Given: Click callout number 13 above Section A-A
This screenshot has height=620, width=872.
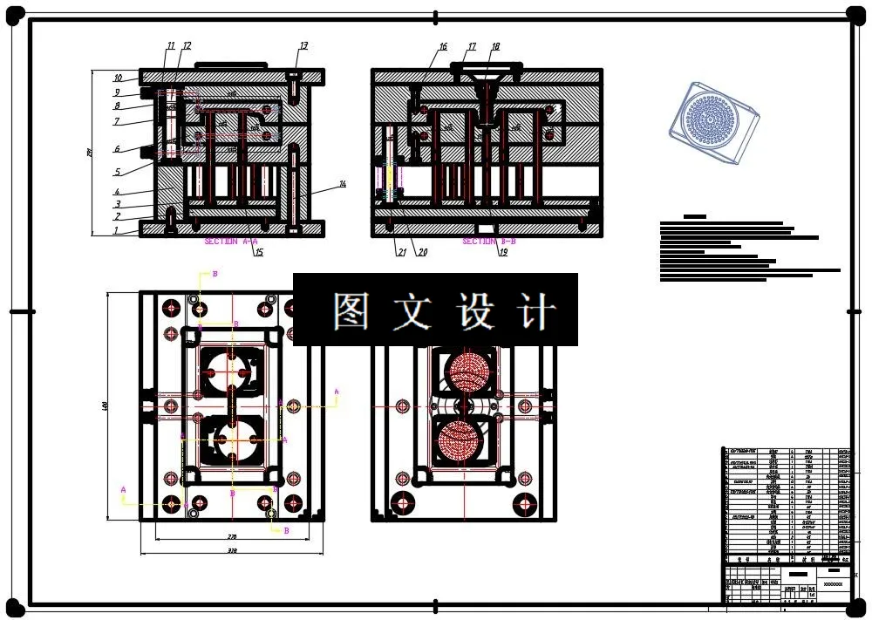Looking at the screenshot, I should [x=303, y=45].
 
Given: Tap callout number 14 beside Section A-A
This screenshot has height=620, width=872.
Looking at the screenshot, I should [x=343, y=184].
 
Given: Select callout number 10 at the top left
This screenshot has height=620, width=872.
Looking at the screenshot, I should [x=118, y=78].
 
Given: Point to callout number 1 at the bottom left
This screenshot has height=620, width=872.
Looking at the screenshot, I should [x=115, y=231].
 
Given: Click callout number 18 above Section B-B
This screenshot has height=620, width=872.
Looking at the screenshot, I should [x=495, y=47].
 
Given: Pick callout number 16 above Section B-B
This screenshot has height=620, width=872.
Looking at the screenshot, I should [x=443, y=47].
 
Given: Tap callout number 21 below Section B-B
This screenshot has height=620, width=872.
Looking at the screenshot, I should [x=401, y=252].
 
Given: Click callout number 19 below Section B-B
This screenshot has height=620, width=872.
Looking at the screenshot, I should [x=503, y=252].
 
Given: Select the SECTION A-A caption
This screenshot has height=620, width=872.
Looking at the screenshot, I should [x=231, y=241].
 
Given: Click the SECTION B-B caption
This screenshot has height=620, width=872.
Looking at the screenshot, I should [x=489, y=241].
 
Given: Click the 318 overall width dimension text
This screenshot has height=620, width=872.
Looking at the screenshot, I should [x=232, y=552].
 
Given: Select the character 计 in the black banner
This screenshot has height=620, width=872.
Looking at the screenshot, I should [x=535, y=311].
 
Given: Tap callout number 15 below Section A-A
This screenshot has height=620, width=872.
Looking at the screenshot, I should [x=258, y=252].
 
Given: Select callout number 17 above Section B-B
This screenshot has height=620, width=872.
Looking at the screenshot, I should [x=472, y=47].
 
